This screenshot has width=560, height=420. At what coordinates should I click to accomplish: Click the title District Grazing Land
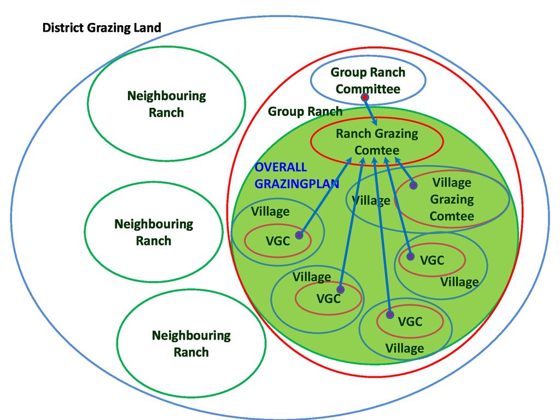(x=102, y=28)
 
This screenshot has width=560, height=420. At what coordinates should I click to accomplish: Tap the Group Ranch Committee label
(x=368, y=80)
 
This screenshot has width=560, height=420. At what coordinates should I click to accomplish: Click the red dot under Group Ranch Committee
(x=365, y=97)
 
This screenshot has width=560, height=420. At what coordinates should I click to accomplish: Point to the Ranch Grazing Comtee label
(x=377, y=142)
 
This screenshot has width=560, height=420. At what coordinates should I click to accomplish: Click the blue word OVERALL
(x=281, y=167)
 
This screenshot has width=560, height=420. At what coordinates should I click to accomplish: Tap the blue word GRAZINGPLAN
(x=297, y=184)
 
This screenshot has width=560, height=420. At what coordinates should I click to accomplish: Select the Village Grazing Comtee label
(x=452, y=199)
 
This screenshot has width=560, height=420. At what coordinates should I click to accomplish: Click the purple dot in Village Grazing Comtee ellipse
(x=413, y=185)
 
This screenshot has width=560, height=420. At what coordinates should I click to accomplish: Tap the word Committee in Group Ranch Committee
(x=368, y=89)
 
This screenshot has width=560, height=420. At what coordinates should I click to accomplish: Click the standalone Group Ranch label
(x=305, y=112)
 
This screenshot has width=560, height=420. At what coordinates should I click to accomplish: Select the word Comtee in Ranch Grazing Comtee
(x=377, y=150)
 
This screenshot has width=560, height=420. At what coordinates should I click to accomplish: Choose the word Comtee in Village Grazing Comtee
(x=452, y=216)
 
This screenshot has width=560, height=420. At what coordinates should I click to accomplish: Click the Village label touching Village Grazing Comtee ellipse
(x=371, y=201)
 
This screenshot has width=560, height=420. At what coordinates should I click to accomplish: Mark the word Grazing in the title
(x=109, y=28)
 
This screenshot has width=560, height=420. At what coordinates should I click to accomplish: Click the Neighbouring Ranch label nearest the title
(x=166, y=104)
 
